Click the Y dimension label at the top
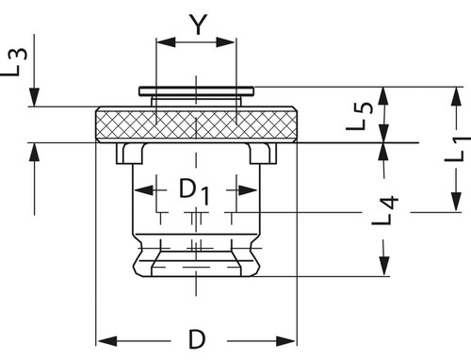[x=199, y=25]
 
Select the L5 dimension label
[x=360, y=116]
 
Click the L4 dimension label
[x=385, y=210]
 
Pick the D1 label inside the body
[x=194, y=191]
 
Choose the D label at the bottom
[x=197, y=339]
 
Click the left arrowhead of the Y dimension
[x=166, y=41]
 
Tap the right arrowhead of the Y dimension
[x=225, y=41]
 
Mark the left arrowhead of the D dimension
[x=107, y=341]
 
